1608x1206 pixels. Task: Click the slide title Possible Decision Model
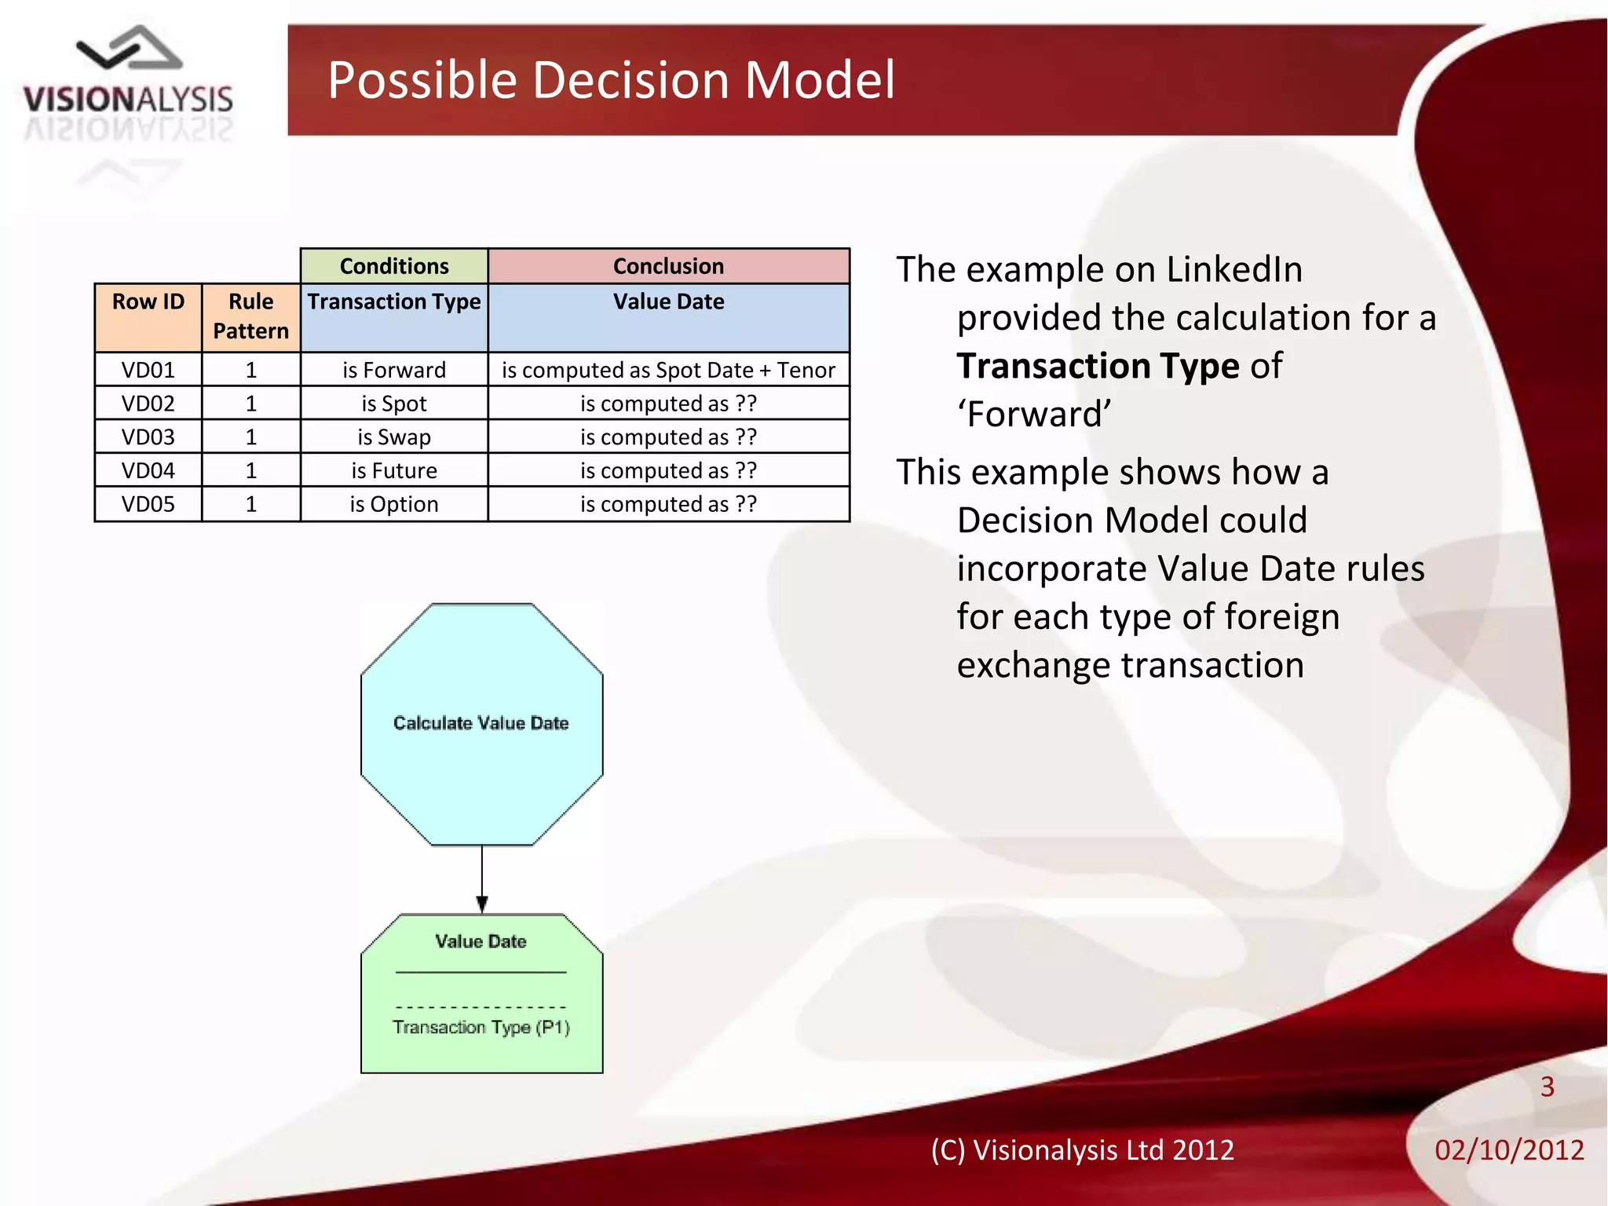pyautogui.click(x=610, y=80)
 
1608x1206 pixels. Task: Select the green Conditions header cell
pyautogui.click(x=393, y=266)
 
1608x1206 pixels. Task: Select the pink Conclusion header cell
pyautogui.click(x=668, y=266)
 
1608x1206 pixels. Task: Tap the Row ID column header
pyautogui.click(x=148, y=301)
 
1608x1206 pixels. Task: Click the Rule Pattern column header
pyautogui.click(x=250, y=316)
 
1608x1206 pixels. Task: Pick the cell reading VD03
pyautogui.click(x=148, y=437)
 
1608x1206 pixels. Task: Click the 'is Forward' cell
pyautogui.click(x=393, y=370)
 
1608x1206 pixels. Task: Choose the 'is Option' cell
pyautogui.click(x=393, y=504)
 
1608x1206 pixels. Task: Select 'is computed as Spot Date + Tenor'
pyautogui.click(x=668, y=370)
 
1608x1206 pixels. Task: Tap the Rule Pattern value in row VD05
pyautogui.click(x=250, y=504)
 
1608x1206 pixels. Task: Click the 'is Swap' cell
pyautogui.click(x=393, y=437)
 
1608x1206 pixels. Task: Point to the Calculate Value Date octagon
pyautogui.click(x=481, y=723)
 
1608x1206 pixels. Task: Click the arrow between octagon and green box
pyautogui.click(x=481, y=879)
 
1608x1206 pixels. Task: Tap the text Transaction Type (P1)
pyautogui.click(x=481, y=1027)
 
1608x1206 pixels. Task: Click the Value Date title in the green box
pyautogui.click(x=481, y=941)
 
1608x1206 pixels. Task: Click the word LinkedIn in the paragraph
pyautogui.click(x=1233, y=269)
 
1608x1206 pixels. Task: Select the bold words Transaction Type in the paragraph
pyautogui.click(x=1098, y=366)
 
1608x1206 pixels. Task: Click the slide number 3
pyautogui.click(x=1547, y=1087)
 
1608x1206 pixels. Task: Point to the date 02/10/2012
pyautogui.click(x=1508, y=1150)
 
